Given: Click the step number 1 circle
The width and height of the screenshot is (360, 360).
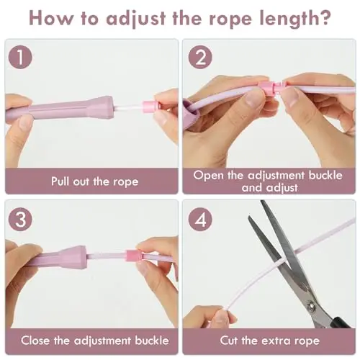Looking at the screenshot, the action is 20,58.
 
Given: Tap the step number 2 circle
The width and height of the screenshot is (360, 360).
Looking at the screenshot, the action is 200,58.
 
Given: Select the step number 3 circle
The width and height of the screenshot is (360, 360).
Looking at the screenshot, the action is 20,220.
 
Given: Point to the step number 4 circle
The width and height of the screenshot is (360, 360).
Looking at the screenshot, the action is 200,220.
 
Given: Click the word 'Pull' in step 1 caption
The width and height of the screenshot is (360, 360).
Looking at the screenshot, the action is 60,181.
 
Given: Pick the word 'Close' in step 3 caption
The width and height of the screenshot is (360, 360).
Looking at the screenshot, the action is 35,341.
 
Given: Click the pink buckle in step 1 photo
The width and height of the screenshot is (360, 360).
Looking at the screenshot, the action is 150,107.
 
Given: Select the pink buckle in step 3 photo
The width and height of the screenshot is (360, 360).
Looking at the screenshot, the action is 134,256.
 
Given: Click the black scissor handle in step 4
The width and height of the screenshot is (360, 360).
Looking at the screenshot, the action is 341,323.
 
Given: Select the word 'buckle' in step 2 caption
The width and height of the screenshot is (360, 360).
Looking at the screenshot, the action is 325,175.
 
